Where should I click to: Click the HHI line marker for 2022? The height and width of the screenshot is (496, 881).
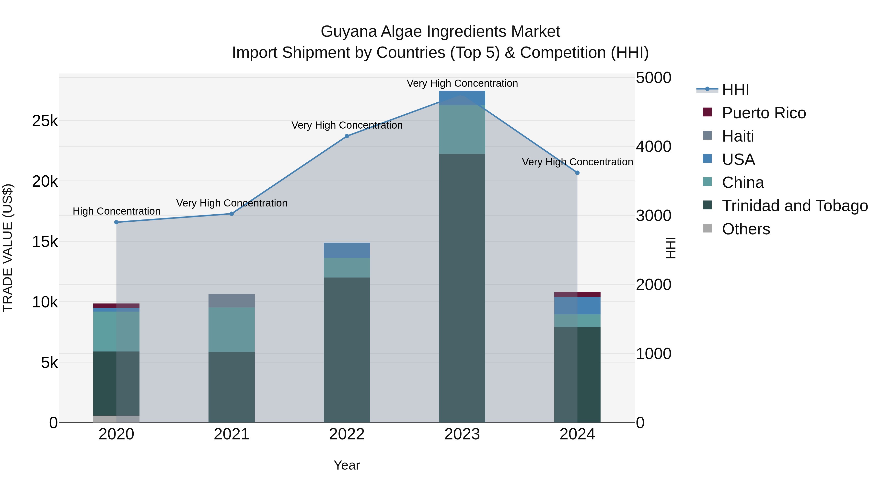point(347,136)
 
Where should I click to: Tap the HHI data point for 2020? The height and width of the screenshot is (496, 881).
point(116,222)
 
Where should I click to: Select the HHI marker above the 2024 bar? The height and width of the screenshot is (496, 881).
point(577,173)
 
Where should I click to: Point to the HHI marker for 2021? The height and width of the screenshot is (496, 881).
point(232,214)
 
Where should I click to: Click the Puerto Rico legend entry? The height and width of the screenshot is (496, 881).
point(763,113)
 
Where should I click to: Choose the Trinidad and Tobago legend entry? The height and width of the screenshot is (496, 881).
point(794,206)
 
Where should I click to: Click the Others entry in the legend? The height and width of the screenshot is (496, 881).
point(746,229)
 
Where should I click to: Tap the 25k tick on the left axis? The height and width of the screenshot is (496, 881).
point(45,121)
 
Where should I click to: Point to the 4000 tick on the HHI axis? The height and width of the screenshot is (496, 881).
point(653,146)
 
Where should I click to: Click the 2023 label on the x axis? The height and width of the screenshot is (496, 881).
point(462,434)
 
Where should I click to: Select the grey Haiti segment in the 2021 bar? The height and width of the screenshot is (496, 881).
point(232,301)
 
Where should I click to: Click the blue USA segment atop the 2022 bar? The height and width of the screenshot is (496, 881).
point(347,250)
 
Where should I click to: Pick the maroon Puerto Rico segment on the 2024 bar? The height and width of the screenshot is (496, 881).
point(577,294)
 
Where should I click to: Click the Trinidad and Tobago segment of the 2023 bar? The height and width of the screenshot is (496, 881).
point(462,288)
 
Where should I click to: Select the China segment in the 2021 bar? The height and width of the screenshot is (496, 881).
point(232,329)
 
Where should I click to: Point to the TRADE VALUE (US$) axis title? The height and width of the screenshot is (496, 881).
point(8,248)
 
